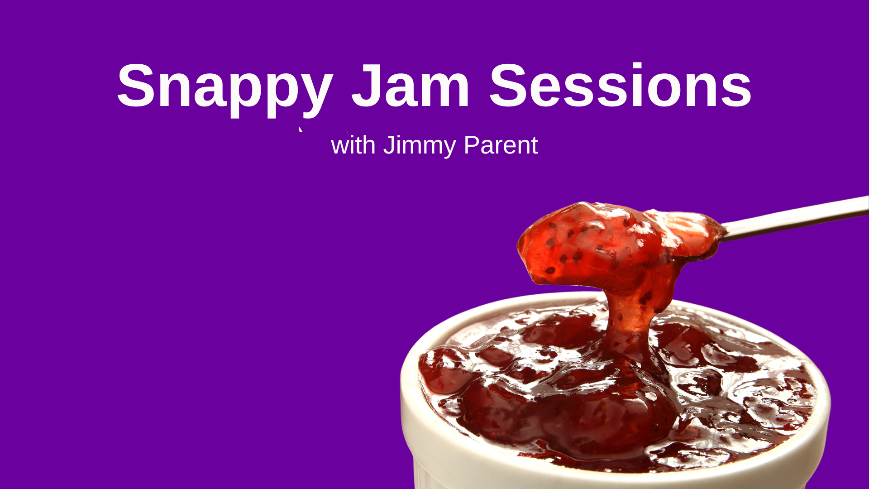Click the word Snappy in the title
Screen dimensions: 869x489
pos(225,89)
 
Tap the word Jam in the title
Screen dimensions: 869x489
pos(411,86)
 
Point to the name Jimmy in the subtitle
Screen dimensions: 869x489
pos(420,146)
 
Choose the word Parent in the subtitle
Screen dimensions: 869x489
pos(501,145)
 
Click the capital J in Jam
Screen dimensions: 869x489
pos(367,86)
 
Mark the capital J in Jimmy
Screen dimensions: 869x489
pos(390,145)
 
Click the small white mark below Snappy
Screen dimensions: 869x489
pos(300,129)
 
